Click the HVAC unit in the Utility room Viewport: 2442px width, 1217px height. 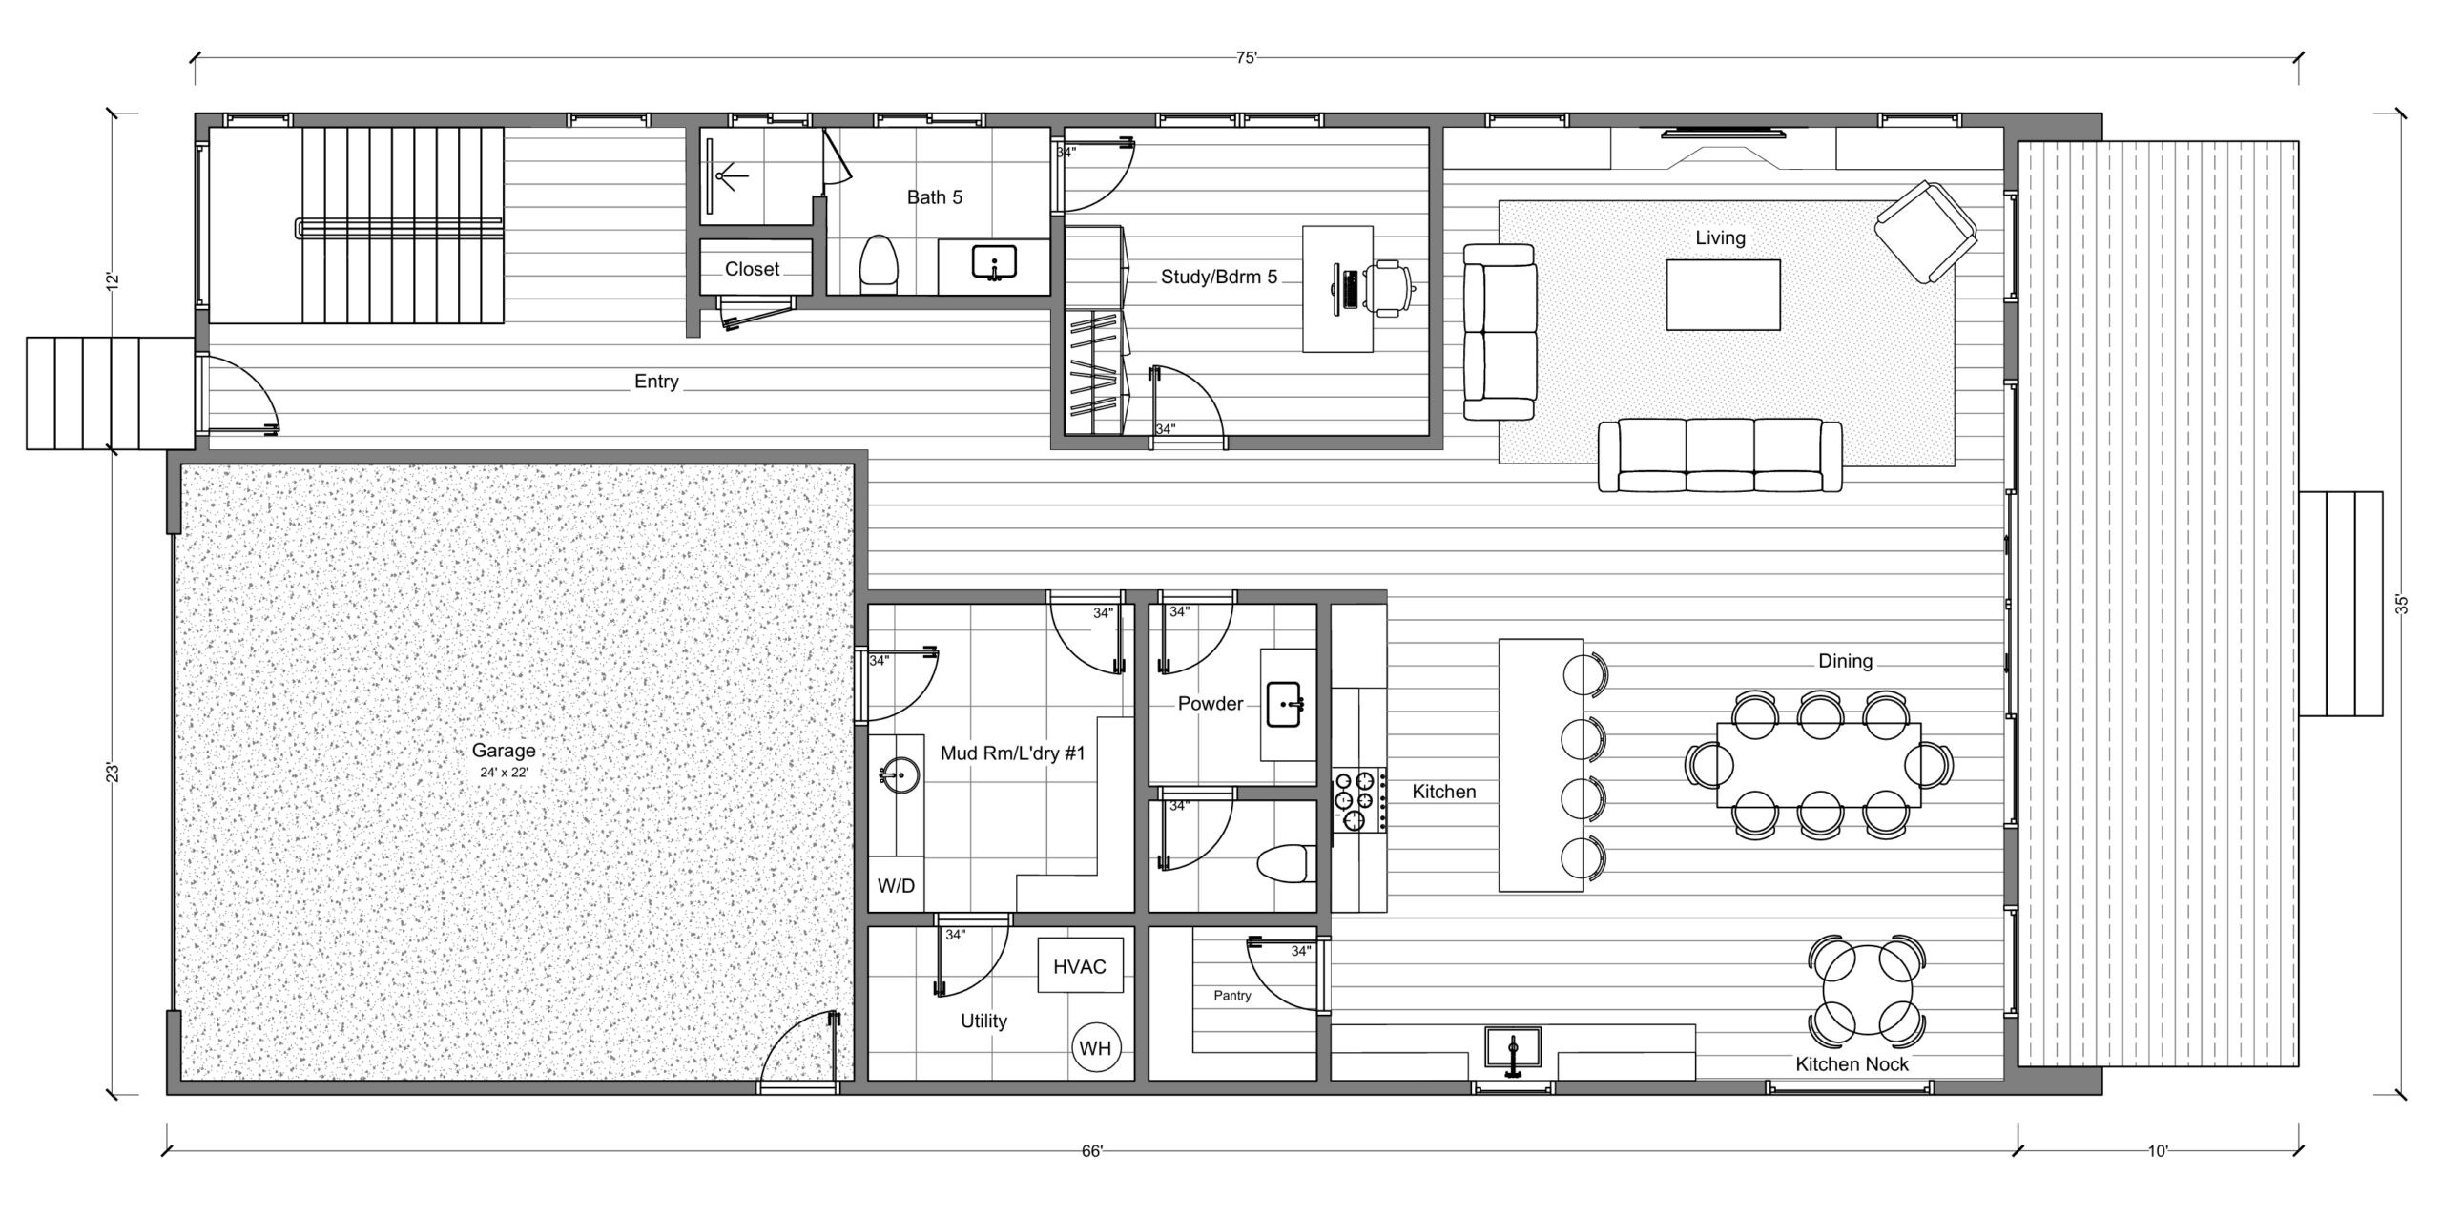tap(1080, 965)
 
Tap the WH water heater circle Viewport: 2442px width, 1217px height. tap(1095, 1048)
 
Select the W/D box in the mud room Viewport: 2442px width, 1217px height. tap(896, 886)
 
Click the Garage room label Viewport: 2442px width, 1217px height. tap(503, 751)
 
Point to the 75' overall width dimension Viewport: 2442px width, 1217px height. tap(1247, 57)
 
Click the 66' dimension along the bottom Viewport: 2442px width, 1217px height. tap(1092, 1151)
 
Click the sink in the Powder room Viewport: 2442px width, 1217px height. tap(1285, 705)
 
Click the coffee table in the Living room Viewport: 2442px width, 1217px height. tap(1724, 295)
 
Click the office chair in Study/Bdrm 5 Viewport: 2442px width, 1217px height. tap(1390, 287)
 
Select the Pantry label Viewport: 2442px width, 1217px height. tap(1232, 995)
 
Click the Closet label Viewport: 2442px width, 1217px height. tap(752, 269)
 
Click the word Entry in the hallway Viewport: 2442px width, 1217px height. tap(656, 382)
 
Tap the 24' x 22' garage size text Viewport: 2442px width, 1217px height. tap(504, 773)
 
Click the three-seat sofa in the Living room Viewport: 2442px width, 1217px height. tap(1720, 456)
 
